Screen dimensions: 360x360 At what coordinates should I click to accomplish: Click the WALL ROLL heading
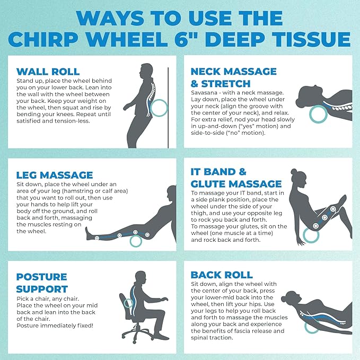coord(48,72)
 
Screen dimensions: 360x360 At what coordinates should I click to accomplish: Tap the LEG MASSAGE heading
coord(55,174)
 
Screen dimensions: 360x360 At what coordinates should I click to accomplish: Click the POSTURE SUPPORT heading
coord(42,283)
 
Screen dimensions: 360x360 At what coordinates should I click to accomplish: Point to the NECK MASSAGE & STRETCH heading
coord(233,77)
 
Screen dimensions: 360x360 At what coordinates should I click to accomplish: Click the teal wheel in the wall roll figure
coord(157,109)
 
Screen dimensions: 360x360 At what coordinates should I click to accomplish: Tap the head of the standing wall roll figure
coord(146,71)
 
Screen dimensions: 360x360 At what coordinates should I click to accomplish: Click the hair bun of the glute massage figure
coord(293,172)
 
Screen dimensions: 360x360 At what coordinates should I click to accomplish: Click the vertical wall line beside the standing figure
coord(169,106)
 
